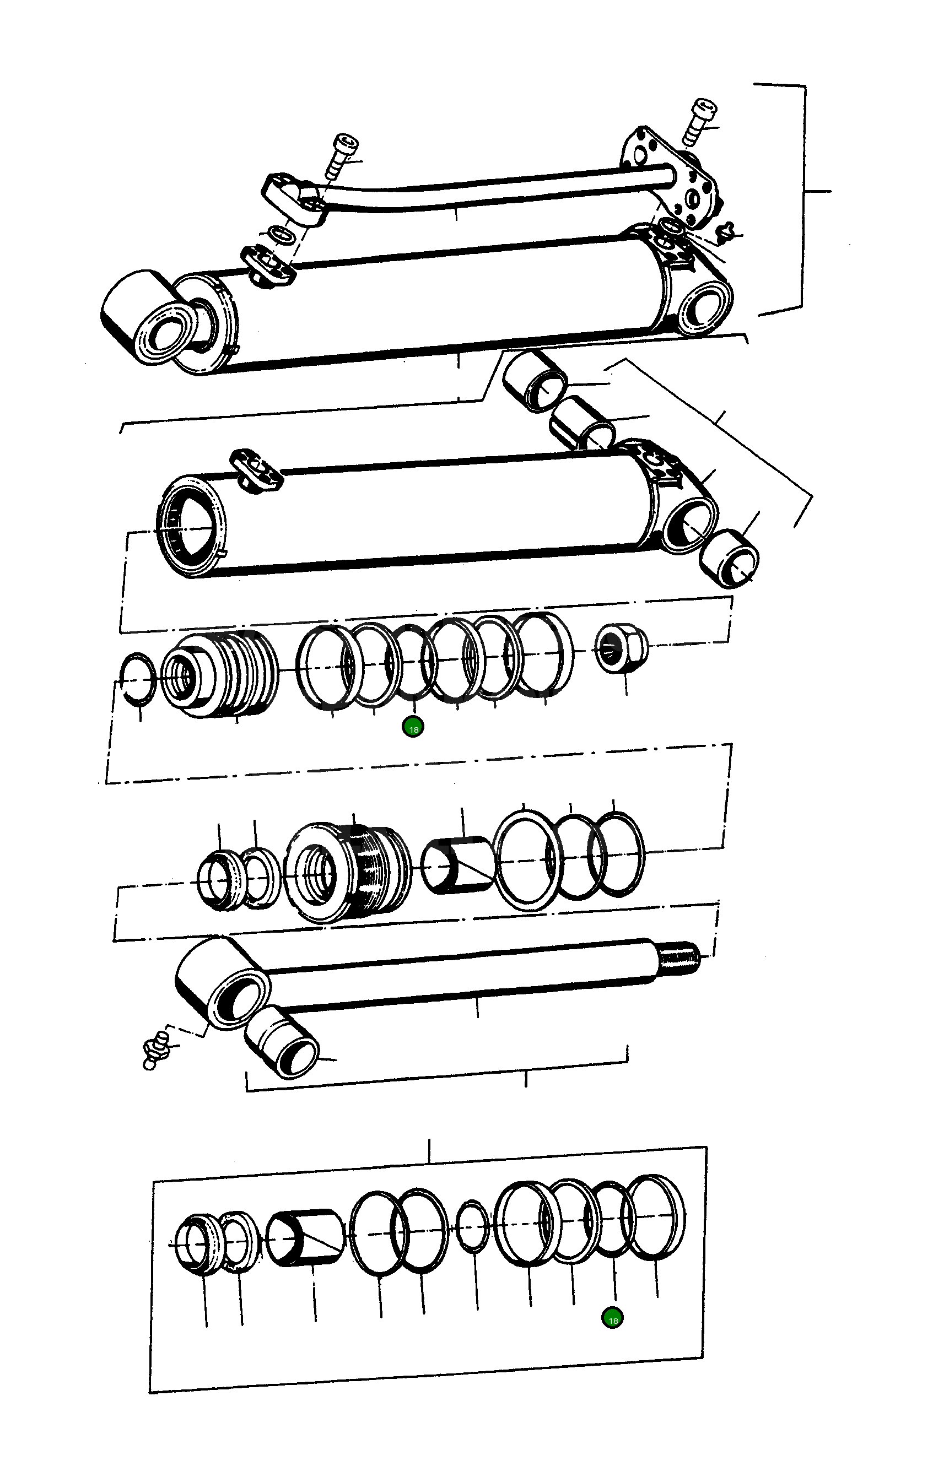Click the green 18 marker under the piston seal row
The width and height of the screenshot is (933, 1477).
click(413, 729)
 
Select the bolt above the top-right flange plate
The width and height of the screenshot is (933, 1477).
click(701, 122)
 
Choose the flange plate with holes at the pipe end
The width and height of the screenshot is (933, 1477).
click(672, 178)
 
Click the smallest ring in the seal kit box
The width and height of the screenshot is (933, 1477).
click(473, 1227)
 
